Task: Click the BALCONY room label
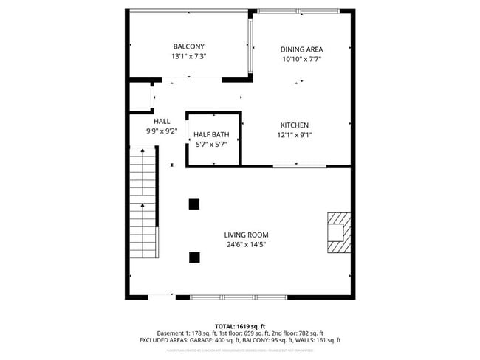188,46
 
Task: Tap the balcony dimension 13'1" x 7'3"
188,56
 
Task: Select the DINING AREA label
302,49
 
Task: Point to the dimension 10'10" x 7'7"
302,60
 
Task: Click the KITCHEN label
294,125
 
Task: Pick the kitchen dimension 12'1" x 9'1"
294,135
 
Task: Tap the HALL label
162,121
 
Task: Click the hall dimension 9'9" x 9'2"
162,131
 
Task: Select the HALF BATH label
211,134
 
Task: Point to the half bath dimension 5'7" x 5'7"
211,145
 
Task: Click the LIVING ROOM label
245,235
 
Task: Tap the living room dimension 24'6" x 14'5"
245,245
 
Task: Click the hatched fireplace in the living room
337,232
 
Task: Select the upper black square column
194,204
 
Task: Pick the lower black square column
194,257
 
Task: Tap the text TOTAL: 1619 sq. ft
240,325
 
